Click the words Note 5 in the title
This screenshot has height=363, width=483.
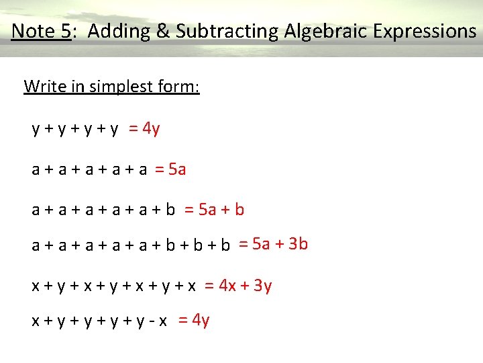pos(41,31)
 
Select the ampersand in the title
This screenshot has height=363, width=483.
pos(152,31)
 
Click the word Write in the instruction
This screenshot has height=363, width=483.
pos(42,87)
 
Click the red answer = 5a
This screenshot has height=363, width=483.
pos(170,169)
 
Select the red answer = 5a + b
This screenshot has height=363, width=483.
pos(214,210)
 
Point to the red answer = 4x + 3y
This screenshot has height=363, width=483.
pos(238,286)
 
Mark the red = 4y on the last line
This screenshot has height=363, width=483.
pos(194,320)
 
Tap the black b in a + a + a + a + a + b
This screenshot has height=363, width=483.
pos(170,210)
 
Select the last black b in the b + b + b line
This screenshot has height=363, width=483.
pos(225,245)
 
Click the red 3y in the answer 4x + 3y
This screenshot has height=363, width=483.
pos(263,286)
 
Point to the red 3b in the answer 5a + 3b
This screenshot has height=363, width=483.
pos(298,243)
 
